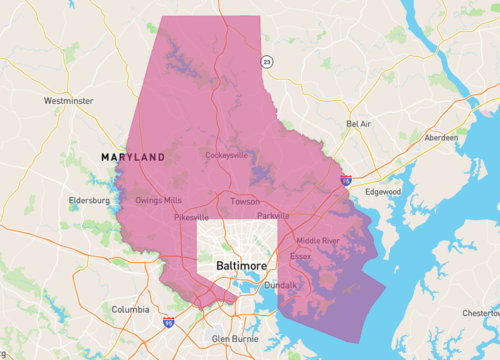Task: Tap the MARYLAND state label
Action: (x=132, y=158)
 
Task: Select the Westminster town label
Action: (x=68, y=101)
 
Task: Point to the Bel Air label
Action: (x=358, y=124)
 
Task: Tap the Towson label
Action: (x=245, y=201)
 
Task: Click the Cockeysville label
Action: (x=226, y=156)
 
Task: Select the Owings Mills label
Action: (x=159, y=200)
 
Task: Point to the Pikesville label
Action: (x=191, y=216)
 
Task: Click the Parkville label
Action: (x=272, y=215)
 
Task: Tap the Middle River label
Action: (x=318, y=241)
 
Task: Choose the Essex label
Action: (x=301, y=256)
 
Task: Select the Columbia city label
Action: (x=130, y=309)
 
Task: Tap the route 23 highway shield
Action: (x=266, y=62)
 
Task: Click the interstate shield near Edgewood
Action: (x=345, y=181)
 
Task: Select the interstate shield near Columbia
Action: (x=169, y=323)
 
